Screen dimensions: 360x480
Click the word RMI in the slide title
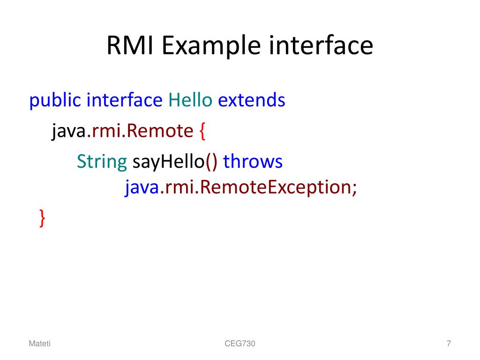click(131, 46)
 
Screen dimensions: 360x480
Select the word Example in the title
click(211, 46)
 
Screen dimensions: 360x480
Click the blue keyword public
click(55, 100)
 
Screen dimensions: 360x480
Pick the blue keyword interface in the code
click(125, 100)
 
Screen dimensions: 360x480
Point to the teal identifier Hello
click(190, 100)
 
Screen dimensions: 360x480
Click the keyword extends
click(252, 100)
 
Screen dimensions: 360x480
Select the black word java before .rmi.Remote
click(68, 131)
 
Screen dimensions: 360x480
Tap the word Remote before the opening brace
click(160, 131)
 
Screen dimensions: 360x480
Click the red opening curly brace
click(202, 132)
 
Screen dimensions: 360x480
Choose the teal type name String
click(102, 162)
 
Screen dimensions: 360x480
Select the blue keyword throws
click(253, 162)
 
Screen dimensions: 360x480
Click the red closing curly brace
click(42, 218)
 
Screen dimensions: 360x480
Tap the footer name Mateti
click(40, 344)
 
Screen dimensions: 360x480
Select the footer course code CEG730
click(240, 344)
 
